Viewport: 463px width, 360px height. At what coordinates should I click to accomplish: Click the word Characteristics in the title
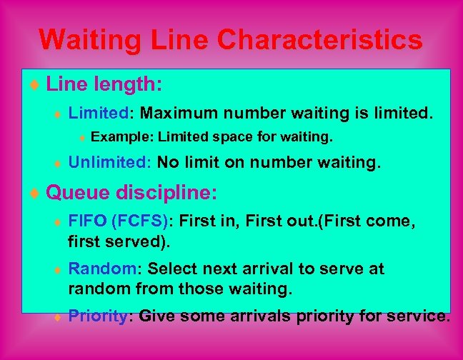coord(320,40)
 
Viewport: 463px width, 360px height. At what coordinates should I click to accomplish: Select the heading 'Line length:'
coord(104,85)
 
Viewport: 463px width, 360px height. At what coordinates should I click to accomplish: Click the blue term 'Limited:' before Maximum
coord(100,113)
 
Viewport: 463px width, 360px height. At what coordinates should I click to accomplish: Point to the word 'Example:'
coord(122,136)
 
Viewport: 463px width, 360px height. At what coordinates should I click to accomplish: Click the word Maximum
coord(179,113)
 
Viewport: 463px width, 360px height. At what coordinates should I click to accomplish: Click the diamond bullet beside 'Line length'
coord(38,86)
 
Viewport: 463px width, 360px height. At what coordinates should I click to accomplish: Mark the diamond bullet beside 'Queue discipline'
coord(38,194)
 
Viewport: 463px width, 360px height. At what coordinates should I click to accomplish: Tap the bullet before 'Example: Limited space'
coord(82,137)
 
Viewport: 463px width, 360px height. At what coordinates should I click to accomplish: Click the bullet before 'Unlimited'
coord(59,164)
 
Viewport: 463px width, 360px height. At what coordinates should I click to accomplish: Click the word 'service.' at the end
coord(419,316)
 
